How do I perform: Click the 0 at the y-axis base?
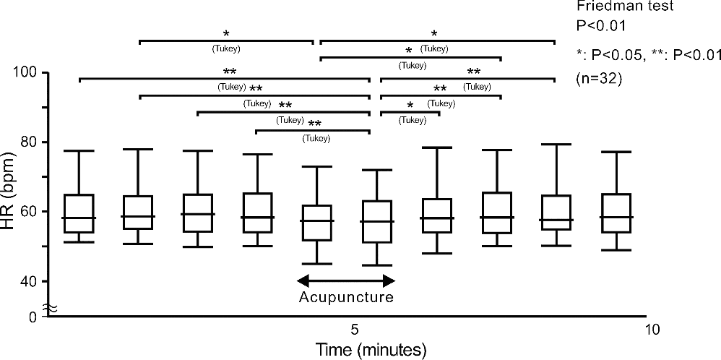(x=33, y=316)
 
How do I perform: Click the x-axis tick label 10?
(x=652, y=330)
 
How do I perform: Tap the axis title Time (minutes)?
(x=371, y=349)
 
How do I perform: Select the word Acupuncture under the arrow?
(x=347, y=297)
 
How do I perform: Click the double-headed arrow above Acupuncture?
(x=347, y=280)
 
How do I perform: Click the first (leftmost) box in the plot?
(x=78, y=213)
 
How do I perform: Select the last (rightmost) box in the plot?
(x=616, y=213)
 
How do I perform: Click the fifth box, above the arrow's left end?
(x=316, y=223)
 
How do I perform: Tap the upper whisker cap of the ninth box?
(x=556, y=145)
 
